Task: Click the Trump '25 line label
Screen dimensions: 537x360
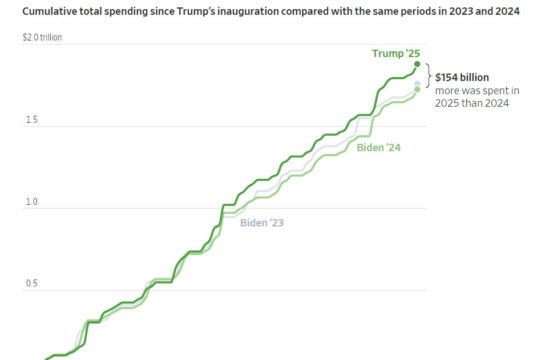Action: click(x=396, y=53)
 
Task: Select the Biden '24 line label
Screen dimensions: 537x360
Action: click(x=378, y=148)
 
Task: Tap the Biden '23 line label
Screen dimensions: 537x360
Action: click(x=262, y=223)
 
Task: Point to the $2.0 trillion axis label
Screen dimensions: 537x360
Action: click(x=42, y=37)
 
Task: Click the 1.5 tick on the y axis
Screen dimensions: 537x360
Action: click(x=32, y=120)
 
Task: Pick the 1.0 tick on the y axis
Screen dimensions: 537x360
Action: click(x=32, y=202)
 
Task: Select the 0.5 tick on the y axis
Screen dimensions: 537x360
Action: click(x=32, y=284)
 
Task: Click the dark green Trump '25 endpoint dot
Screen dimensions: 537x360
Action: click(x=417, y=64)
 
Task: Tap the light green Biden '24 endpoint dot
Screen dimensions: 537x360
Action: click(x=417, y=89)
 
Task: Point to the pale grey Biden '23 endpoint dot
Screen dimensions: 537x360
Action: click(x=417, y=84)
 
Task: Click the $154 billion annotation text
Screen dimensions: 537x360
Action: click(x=462, y=77)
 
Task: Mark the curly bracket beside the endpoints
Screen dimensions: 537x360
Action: click(x=429, y=76)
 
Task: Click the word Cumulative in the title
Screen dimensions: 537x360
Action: click(x=50, y=11)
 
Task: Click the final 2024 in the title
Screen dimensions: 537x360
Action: click(x=508, y=11)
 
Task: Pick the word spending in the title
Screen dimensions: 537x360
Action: click(x=126, y=12)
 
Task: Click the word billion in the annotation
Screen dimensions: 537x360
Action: click(x=474, y=77)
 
